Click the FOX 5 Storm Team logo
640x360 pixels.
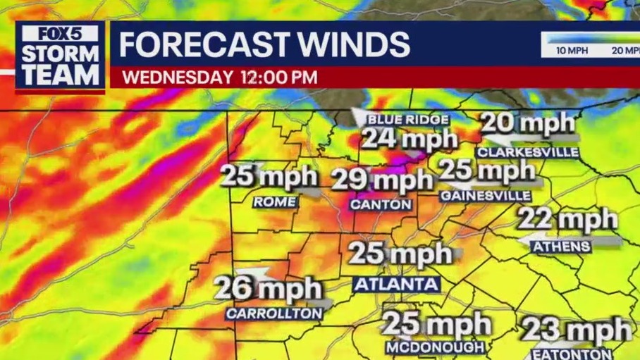(61, 56)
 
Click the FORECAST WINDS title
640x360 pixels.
(264, 44)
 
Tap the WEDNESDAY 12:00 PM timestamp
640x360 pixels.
(219, 77)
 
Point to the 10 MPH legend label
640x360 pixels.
(572, 51)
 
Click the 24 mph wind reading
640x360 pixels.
(410, 139)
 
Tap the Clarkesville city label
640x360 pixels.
(527, 152)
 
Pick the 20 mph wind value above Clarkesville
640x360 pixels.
(528, 124)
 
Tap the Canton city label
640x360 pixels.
(381, 204)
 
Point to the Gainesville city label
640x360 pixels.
(486, 195)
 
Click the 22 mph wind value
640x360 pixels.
(567, 220)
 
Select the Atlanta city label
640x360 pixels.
(396, 285)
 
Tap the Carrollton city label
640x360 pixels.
(273, 313)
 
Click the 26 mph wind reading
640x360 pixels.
(268, 289)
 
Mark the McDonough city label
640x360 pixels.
(435, 347)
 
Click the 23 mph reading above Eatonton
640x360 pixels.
(577, 330)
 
